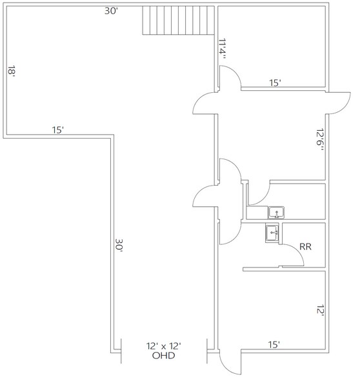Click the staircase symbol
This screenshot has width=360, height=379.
tap(178, 21)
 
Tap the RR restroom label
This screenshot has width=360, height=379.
tap(306, 246)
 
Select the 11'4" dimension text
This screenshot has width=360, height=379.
tap(223, 49)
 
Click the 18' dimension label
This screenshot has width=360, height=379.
tap(12, 70)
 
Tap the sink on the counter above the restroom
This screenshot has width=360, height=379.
tap(277, 212)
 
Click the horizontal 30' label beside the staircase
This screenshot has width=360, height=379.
tap(111, 11)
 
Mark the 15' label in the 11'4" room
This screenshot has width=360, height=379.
tap(275, 83)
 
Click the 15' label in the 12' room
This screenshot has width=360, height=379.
tap(274, 345)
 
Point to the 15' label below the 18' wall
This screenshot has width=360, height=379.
tap(57, 130)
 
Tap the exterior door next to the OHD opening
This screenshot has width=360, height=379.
tap(228, 362)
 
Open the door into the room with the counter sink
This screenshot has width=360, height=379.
tap(259, 193)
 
